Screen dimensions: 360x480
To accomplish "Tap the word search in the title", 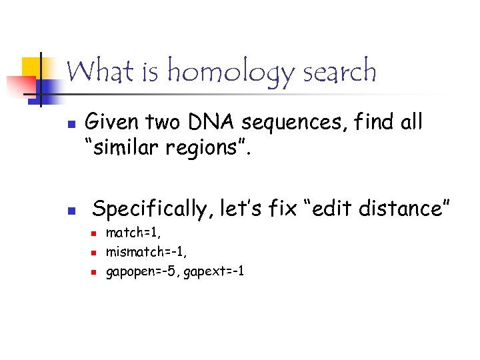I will click(339, 71).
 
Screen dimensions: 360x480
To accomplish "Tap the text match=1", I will click(133, 233).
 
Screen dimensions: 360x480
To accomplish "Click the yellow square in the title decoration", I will click(31, 67).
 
